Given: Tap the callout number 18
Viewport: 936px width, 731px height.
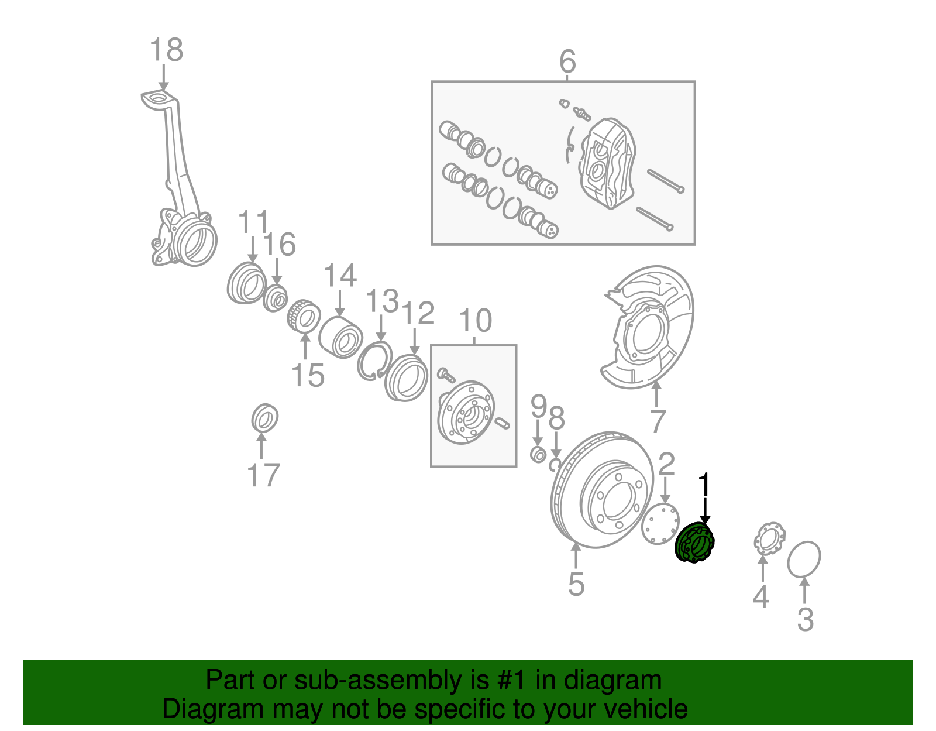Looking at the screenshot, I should point(166,50).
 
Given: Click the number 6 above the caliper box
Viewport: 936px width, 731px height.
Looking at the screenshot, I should point(567,61).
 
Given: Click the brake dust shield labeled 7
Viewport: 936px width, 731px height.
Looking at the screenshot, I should point(649,328).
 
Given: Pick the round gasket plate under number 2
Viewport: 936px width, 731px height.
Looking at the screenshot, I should point(661,523).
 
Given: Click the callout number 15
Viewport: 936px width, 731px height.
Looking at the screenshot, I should point(308,375).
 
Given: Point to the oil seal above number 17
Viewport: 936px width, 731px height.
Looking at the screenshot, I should point(264,418).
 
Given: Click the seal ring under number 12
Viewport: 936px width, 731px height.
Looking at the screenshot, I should point(406,378).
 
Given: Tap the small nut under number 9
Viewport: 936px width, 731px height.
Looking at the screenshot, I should point(538,454).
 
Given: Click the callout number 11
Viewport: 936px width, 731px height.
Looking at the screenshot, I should point(253,222).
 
